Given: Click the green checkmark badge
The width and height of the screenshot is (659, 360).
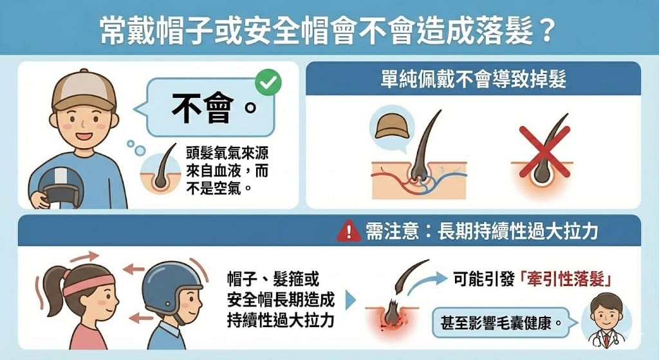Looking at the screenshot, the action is (268, 82).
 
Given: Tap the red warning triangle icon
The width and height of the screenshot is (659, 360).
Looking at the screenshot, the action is (349, 232).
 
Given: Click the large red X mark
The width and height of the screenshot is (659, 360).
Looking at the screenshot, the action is (544, 152).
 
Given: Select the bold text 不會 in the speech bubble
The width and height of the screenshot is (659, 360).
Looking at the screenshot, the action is (203, 108).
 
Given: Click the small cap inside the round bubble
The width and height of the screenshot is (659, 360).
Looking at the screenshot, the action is (392, 127).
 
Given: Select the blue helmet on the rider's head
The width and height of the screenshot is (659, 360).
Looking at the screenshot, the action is (171, 283).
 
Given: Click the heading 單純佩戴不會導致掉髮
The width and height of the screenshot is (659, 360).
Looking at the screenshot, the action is (474, 79).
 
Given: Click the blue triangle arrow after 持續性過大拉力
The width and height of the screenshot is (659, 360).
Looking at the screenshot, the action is (350, 300).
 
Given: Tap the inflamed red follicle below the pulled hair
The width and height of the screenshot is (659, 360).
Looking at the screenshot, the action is (392, 318).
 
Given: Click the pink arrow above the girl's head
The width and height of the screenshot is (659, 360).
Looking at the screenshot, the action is (88, 256).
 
